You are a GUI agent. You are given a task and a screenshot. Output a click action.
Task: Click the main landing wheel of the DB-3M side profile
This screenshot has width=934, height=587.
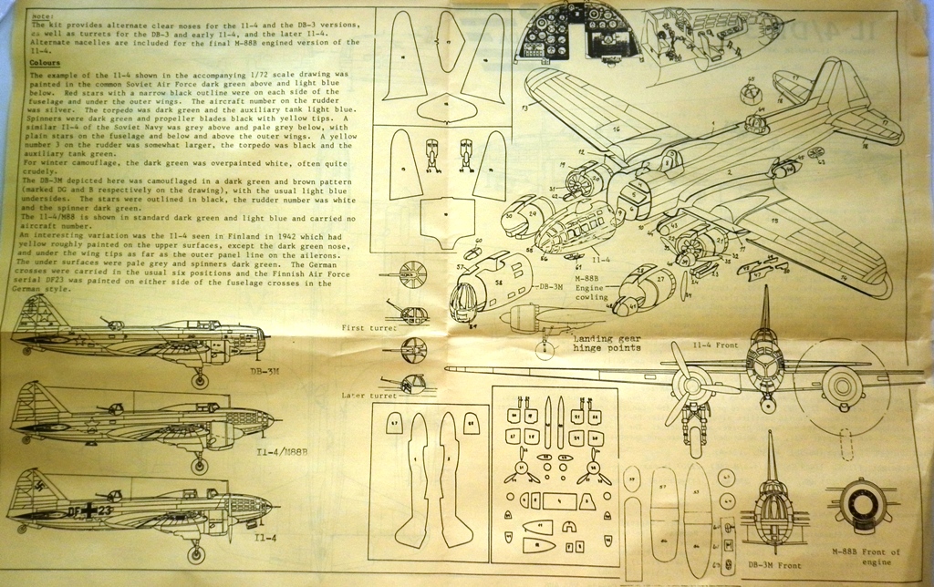[200, 380]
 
